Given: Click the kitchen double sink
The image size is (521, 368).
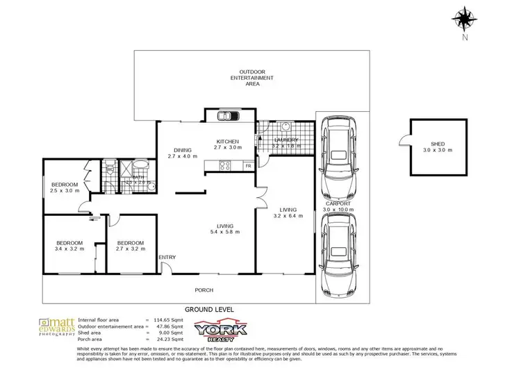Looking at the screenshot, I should coord(226,116).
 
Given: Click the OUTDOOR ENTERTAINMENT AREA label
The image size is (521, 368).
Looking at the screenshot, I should coord(256,77).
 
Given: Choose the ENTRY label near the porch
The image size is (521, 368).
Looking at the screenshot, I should coord(167,258).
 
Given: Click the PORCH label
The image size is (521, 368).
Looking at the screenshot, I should coord(204,290).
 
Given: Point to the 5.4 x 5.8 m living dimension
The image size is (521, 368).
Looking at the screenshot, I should coord(224,233).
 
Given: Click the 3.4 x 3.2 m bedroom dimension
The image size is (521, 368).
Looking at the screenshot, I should coord(69,249).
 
